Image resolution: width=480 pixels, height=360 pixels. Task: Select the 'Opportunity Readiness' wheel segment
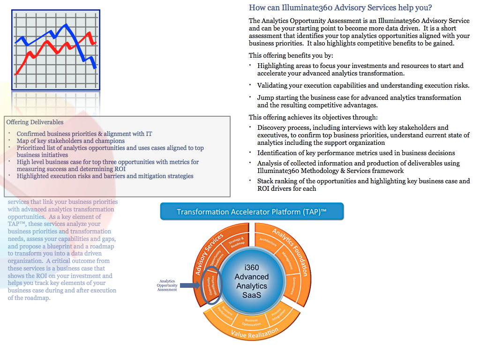[x=217, y=257]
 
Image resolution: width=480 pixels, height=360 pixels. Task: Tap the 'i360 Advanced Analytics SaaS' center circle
[x=251, y=279]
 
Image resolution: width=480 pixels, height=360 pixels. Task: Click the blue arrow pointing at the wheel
[x=190, y=285]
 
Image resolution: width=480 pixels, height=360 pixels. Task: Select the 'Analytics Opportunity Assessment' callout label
[x=167, y=285]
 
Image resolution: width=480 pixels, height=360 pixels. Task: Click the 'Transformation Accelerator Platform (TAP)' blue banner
[x=252, y=211]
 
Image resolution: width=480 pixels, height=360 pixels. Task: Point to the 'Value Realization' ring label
[x=252, y=333]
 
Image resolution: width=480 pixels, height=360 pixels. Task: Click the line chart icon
[x=56, y=49]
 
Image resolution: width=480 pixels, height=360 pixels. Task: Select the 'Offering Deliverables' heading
[x=35, y=122]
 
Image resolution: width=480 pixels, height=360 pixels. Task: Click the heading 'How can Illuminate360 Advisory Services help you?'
[x=340, y=7]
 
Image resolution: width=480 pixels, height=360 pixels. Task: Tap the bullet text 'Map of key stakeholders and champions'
[x=71, y=141]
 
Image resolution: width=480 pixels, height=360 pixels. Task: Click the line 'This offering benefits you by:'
[x=291, y=55]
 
